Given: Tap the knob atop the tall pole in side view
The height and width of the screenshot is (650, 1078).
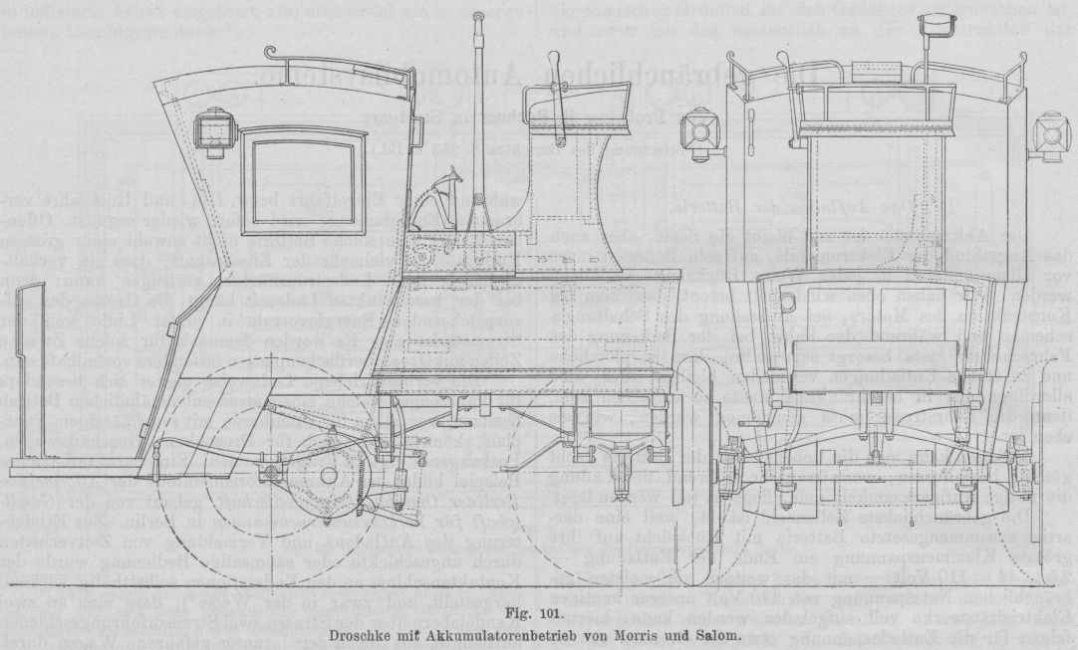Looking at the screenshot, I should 479,18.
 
